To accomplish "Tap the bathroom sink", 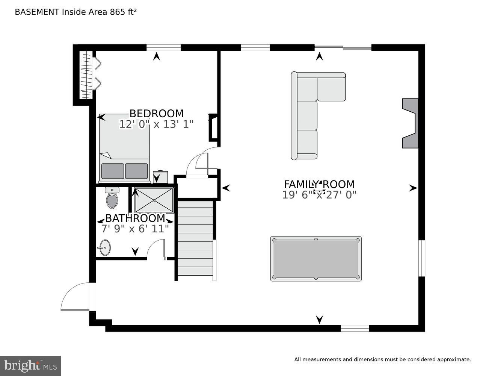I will (x=105, y=247).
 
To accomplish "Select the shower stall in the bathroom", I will (x=154, y=200).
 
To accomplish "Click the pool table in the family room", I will (x=316, y=259).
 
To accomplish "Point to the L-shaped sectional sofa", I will (x=308, y=113).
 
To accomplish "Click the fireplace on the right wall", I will (x=411, y=123).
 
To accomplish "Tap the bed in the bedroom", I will (x=124, y=150).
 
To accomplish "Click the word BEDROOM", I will (x=156, y=113).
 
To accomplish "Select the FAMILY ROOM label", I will (x=319, y=184).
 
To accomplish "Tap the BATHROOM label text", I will (x=135, y=218).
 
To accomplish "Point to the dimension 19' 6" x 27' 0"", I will (x=319, y=195).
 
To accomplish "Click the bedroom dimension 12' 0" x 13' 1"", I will (x=156, y=124).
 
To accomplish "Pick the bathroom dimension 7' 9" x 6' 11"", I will (x=135, y=229).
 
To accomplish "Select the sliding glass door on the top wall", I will (x=343, y=47).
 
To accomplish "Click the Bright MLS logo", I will (x=30, y=366).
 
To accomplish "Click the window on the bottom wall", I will (x=355, y=328).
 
